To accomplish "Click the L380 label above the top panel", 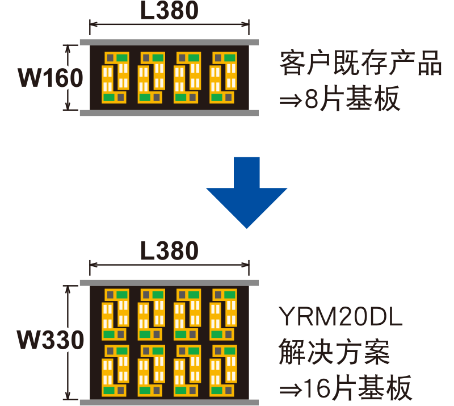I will (169, 11).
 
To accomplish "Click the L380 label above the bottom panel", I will (169, 250).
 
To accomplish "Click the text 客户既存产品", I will (360, 64).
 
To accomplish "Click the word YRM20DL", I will (340, 316).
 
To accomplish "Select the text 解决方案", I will (334, 353).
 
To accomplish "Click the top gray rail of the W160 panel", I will (169, 42).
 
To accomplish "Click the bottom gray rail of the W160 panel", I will (169, 113).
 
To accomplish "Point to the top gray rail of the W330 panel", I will (169, 283).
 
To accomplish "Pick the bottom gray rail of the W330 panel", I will (169, 402).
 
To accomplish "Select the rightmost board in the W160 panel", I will (223, 77).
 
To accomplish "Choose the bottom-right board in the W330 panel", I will (223, 370).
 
